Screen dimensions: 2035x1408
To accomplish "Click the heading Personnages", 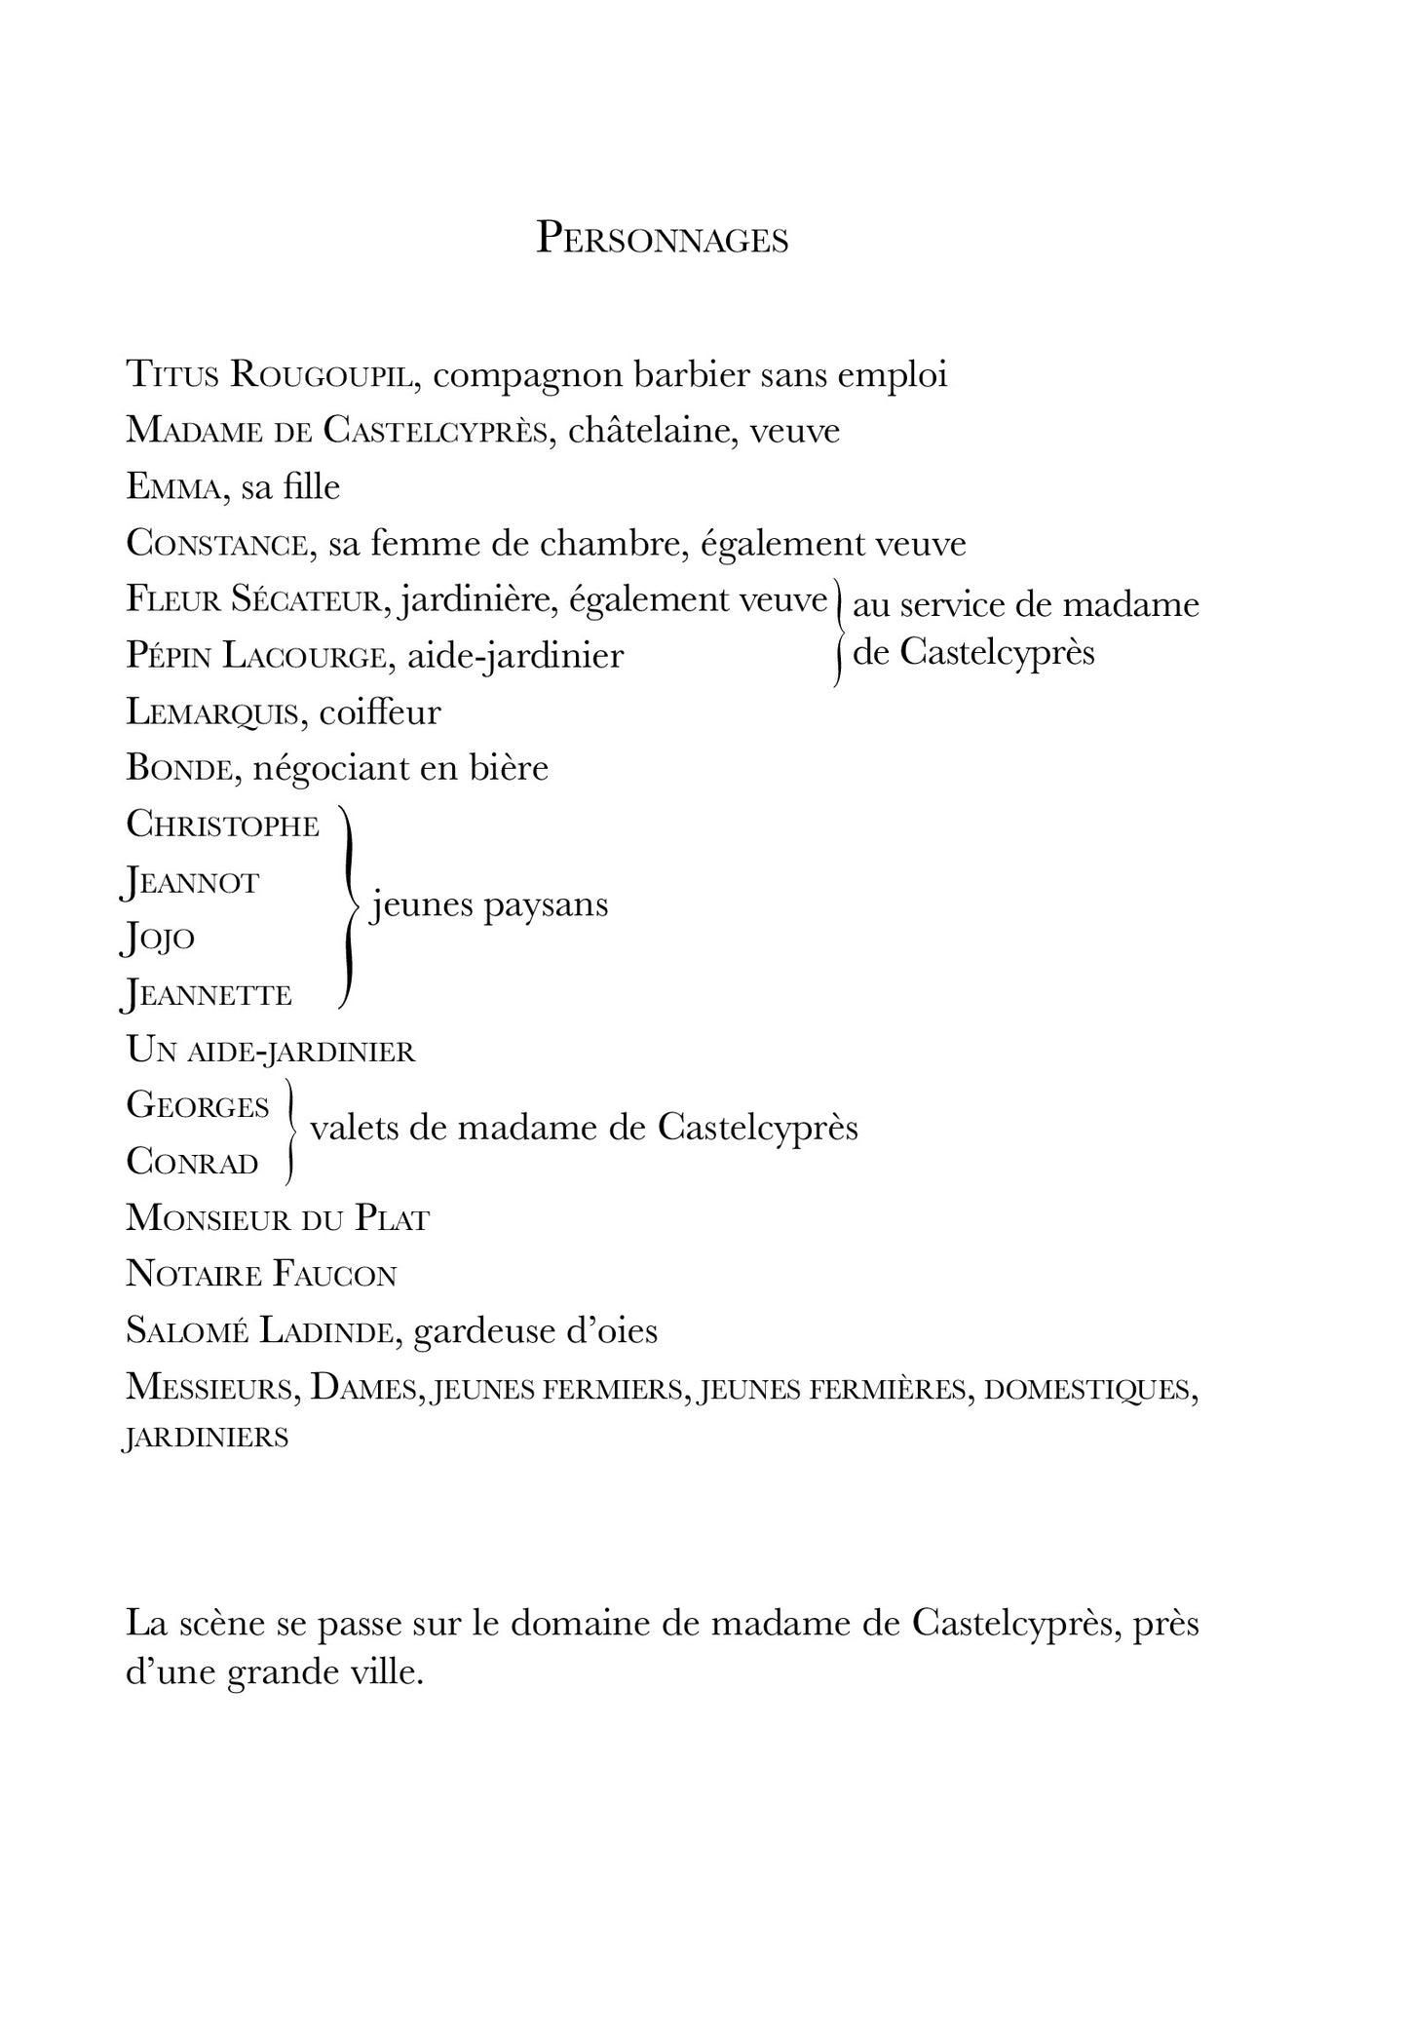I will pos(663,239).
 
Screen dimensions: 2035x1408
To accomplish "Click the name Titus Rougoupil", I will pos(272,375).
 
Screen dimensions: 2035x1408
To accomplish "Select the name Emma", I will pos(171,487).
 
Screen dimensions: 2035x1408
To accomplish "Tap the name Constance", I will pos(216,544).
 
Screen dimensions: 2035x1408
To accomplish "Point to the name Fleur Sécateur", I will pos(251,599).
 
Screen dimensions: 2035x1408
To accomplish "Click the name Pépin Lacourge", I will pos(252,656).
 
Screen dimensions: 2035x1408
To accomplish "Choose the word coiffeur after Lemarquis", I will pos(380,712).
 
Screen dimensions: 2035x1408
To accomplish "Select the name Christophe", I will pos(223,826).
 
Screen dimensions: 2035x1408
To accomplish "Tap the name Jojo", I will pos(159,939).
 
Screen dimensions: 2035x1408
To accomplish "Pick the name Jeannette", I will pos(208,995).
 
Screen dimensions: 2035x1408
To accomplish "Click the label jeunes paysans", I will pos(489,905).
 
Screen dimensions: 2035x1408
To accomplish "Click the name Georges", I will pos(198,1106).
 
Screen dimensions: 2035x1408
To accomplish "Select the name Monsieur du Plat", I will pos(278,1218).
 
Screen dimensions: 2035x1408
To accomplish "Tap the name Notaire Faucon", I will pos(261,1275).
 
